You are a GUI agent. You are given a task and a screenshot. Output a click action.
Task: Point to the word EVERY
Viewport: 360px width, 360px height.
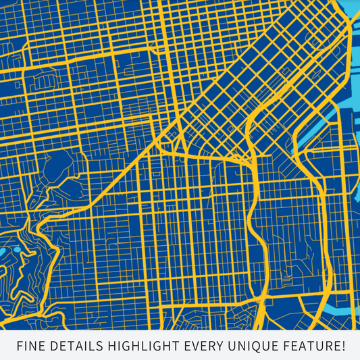[207, 346]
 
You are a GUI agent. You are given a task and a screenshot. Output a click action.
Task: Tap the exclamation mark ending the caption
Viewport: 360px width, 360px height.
[342, 346]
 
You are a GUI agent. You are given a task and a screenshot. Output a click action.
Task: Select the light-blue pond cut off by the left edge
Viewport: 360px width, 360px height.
[2, 251]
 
